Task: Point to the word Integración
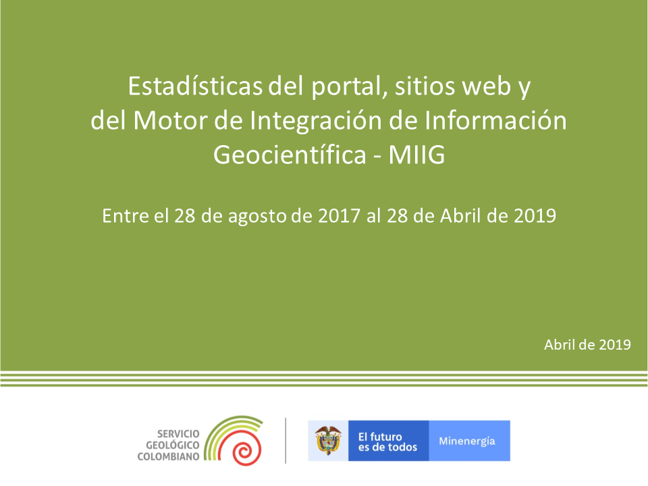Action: point(316,122)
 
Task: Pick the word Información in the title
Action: point(495,121)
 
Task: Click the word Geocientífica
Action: point(290,155)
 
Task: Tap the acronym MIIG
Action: point(416,155)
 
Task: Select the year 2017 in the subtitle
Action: point(339,216)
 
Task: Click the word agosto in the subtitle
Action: point(257,217)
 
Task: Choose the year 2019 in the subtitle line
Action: point(535,216)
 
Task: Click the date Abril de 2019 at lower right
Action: point(587,345)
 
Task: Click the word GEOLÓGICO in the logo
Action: point(172,445)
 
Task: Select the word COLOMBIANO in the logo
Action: point(168,457)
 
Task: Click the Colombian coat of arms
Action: point(328,441)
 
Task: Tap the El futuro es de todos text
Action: point(387,441)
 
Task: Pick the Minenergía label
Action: point(467,441)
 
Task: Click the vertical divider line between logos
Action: point(286,441)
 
